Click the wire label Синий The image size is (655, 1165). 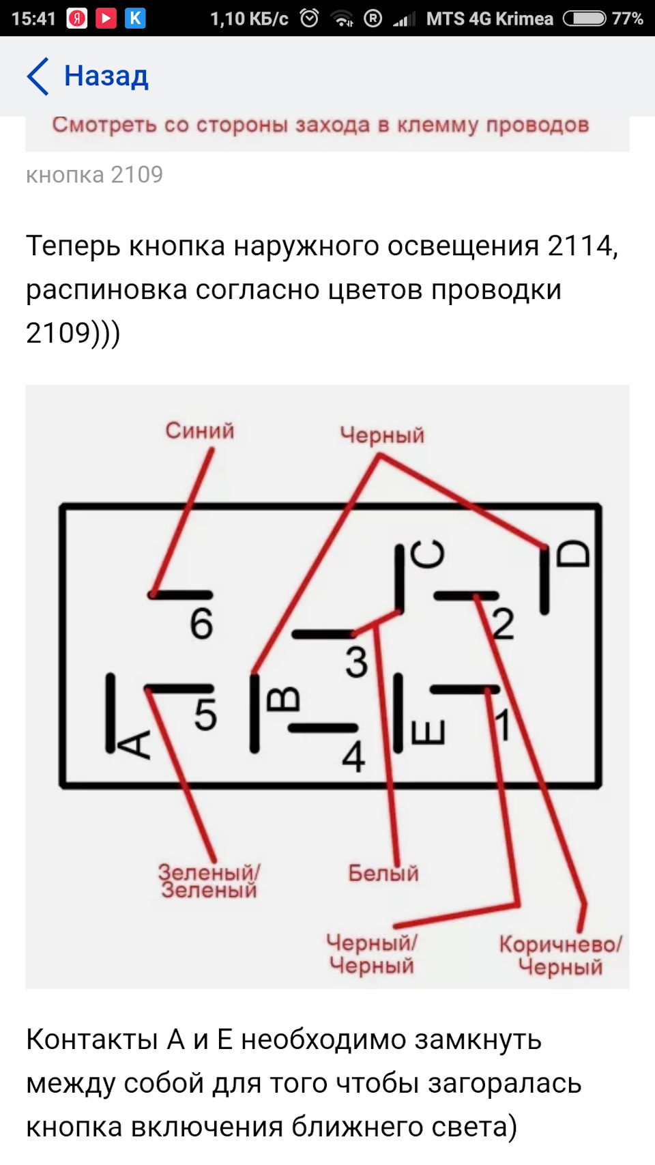click(x=199, y=431)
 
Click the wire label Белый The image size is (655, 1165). click(x=383, y=873)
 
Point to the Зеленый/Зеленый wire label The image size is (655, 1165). click(x=209, y=881)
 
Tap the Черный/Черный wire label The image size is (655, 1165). click(x=372, y=954)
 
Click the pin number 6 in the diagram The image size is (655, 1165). click(x=201, y=624)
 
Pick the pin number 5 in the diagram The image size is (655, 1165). click(x=205, y=715)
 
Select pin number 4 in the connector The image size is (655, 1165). click(x=353, y=756)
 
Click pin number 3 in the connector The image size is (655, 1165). click(x=356, y=662)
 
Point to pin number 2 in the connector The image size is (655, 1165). click(x=503, y=624)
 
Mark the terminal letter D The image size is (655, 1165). click(x=572, y=553)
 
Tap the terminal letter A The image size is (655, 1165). click(x=136, y=745)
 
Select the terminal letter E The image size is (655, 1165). click(x=428, y=732)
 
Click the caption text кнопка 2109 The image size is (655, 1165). click(x=94, y=175)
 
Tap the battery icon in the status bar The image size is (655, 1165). click(x=584, y=18)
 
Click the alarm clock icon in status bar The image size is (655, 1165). click(x=310, y=18)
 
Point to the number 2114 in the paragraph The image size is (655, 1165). click(x=579, y=246)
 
